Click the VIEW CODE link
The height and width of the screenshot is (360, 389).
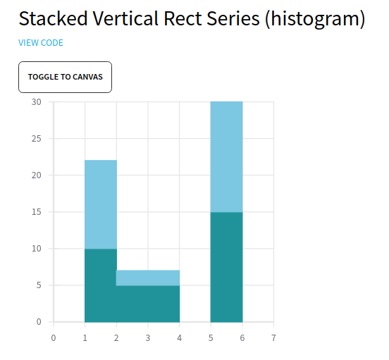click(41, 43)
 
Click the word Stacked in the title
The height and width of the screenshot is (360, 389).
click(53, 18)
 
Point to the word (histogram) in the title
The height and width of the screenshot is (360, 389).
click(315, 19)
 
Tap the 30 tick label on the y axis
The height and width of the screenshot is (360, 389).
click(36, 102)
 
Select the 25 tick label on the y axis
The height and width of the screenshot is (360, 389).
click(36, 139)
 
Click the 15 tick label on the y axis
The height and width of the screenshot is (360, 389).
click(36, 212)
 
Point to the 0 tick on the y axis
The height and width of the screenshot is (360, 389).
click(39, 322)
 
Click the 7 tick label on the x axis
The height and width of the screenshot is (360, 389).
click(273, 338)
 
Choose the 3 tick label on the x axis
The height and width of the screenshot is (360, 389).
click(148, 338)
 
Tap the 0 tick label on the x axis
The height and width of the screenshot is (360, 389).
click(54, 338)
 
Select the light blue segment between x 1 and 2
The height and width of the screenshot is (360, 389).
click(101, 204)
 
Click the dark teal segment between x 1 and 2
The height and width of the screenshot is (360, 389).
click(101, 285)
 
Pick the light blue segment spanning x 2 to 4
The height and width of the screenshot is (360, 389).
click(148, 278)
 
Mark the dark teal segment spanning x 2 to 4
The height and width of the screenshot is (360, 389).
click(148, 304)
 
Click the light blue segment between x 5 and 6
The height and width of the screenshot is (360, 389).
click(226, 157)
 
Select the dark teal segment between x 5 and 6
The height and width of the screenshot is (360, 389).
click(226, 267)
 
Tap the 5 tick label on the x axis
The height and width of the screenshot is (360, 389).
click(211, 338)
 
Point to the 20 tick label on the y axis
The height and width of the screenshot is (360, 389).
click(36, 175)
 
